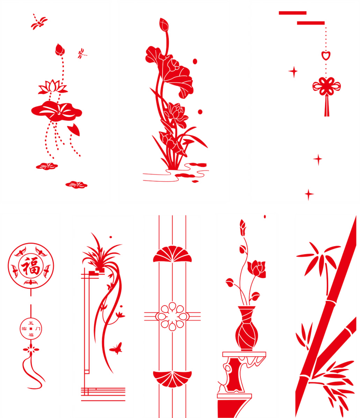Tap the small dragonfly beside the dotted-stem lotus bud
(x=81, y=53)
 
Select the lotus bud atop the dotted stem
(x=60, y=50)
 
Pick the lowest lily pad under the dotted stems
(x=77, y=184)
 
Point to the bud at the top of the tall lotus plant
(x=164, y=25)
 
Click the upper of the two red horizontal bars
(x=292, y=13)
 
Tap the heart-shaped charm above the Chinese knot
(x=326, y=55)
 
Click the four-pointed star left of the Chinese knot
(x=293, y=72)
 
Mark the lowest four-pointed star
(x=309, y=194)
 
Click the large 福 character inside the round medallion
(x=30, y=266)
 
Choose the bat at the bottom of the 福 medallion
(x=31, y=282)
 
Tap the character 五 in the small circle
(x=31, y=323)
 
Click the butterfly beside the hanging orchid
(x=116, y=348)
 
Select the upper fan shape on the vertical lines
(x=172, y=254)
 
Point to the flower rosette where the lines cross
(x=172, y=316)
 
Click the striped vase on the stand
(x=247, y=328)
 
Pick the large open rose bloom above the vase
(x=257, y=268)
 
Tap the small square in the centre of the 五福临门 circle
(x=31, y=328)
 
